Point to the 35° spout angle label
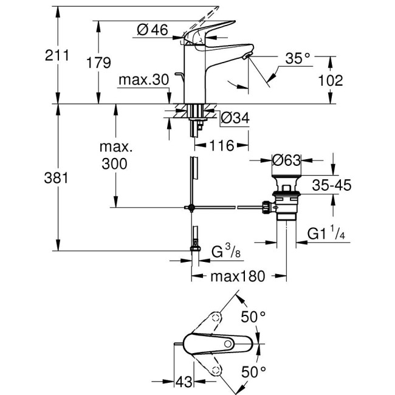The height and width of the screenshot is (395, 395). (298, 58)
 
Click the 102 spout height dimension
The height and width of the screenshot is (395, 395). (331, 80)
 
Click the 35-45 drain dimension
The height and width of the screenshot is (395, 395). (331, 185)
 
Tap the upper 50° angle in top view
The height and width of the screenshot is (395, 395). (253, 317)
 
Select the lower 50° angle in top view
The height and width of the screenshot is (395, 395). (253, 370)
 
